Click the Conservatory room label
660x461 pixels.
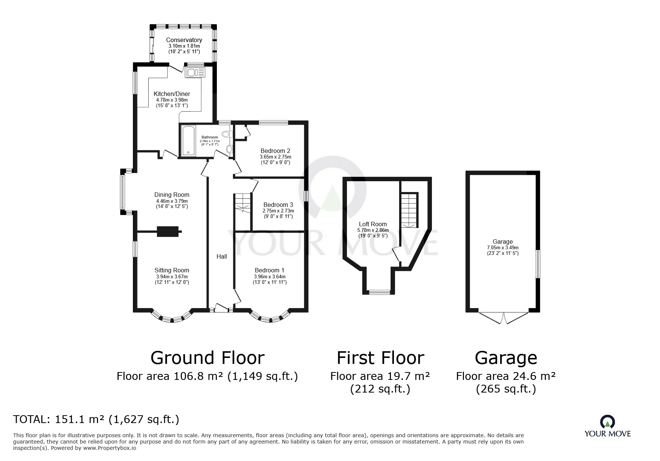point(184,40)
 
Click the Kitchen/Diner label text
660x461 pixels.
point(172,94)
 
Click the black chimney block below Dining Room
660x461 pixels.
point(168,231)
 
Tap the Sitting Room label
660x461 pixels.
point(172,270)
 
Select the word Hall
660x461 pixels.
point(222,256)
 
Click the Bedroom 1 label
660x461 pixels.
point(269,270)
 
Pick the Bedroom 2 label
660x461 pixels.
point(275,151)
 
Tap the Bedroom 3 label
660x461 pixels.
point(278,205)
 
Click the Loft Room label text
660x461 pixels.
point(373,224)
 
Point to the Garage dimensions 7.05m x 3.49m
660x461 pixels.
point(503,247)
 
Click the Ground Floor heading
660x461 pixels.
point(208,358)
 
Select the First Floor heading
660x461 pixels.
point(380,358)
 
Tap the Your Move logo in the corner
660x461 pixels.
point(607,426)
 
